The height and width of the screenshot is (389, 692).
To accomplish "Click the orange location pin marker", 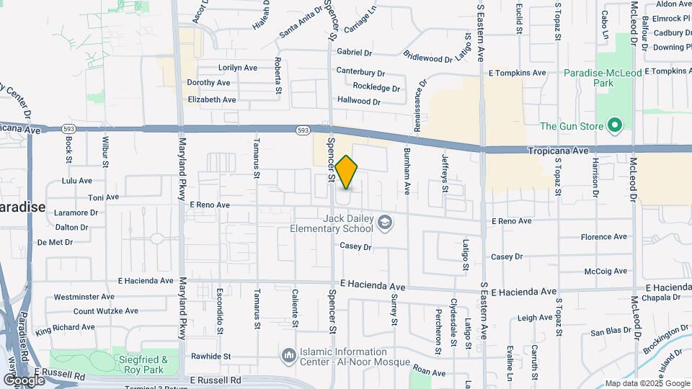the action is [347, 172].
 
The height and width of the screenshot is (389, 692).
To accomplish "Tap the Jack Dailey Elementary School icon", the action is [386, 223].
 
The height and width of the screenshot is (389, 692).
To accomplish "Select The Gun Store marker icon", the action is [614, 127].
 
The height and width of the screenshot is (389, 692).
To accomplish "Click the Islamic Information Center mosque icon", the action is [289, 356].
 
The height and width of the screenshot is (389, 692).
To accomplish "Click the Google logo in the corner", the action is [24, 380].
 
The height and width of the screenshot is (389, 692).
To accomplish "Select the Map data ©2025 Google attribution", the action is [647, 383].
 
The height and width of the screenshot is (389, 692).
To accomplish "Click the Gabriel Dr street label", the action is [354, 53].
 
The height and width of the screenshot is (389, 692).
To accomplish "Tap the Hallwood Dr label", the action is [358, 102].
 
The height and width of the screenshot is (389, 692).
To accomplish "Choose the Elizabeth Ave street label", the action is [211, 99].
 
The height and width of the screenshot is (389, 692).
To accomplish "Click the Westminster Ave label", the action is [84, 296].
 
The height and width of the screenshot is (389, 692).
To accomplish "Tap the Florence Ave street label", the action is [604, 236].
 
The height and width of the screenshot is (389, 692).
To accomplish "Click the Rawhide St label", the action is [210, 356].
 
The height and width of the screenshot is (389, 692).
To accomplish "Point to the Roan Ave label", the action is [430, 372].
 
